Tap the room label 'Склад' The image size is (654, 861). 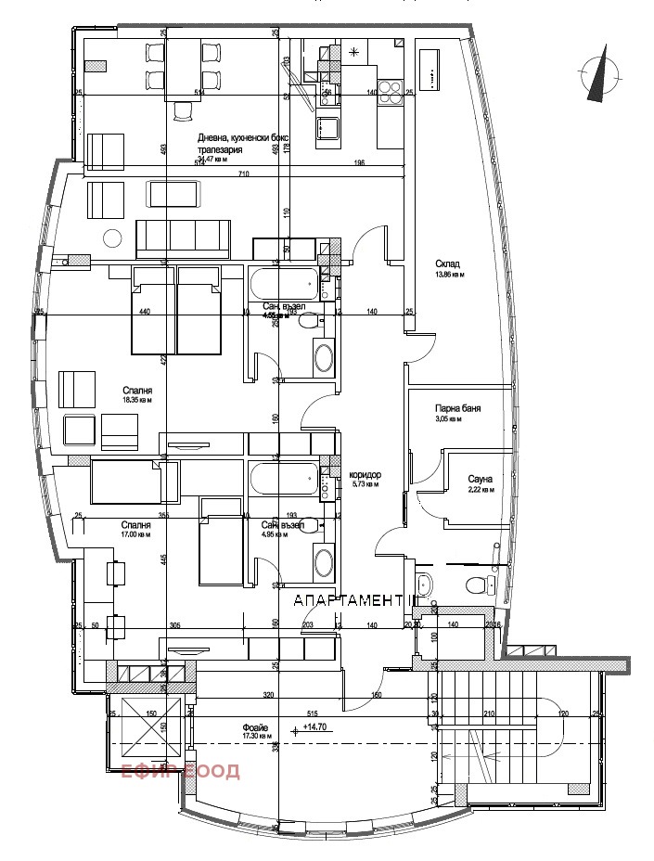pyautogui.click(x=447, y=264)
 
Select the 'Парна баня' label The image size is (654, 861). pyautogui.click(x=457, y=408)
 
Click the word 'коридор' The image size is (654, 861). pyautogui.click(x=365, y=475)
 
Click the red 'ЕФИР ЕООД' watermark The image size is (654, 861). pyautogui.click(x=181, y=772)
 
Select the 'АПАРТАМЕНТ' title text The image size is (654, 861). pyautogui.click(x=352, y=601)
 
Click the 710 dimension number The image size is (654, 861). pyautogui.click(x=244, y=174)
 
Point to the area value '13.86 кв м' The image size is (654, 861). pyautogui.click(x=449, y=276)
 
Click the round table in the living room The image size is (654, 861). pyautogui.click(x=113, y=238)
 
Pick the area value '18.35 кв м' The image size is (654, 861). pyautogui.click(x=136, y=401)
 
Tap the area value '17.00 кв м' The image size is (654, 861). pyautogui.click(x=136, y=534)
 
